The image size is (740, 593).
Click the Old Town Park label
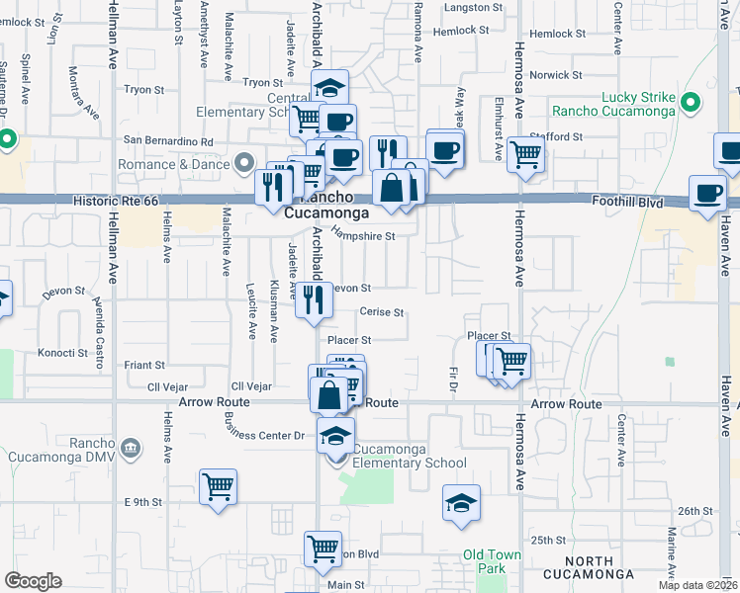[x=492, y=561]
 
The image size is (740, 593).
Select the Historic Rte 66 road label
[x=116, y=201]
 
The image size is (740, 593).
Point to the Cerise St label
[x=382, y=312]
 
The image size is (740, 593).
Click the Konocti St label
[x=63, y=353]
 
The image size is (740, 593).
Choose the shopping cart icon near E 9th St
[x=218, y=486]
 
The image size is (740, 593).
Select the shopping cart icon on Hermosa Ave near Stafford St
[x=525, y=153]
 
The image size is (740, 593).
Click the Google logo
[x=34, y=581]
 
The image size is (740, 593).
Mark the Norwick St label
[x=556, y=75]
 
